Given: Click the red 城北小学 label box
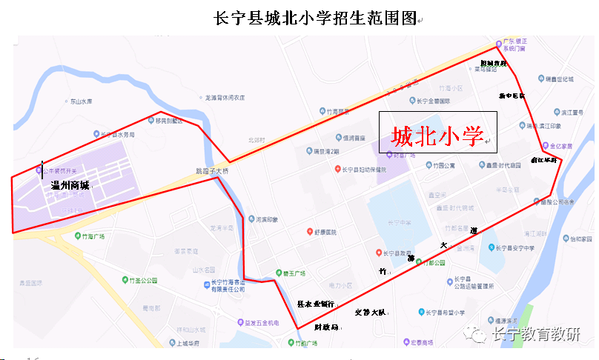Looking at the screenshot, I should pyautogui.click(x=437, y=136).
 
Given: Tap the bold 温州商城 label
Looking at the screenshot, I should pyautogui.click(x=70, y=185).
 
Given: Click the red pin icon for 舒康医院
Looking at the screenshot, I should pyautogui.click(x=309, y=232).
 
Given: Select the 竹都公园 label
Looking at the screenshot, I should pyautogui.click(x=433, y=262).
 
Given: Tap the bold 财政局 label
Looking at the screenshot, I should pyautogui.click(x=327, y=326).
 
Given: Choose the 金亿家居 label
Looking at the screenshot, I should pyautogui.click(x=566, y=146).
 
